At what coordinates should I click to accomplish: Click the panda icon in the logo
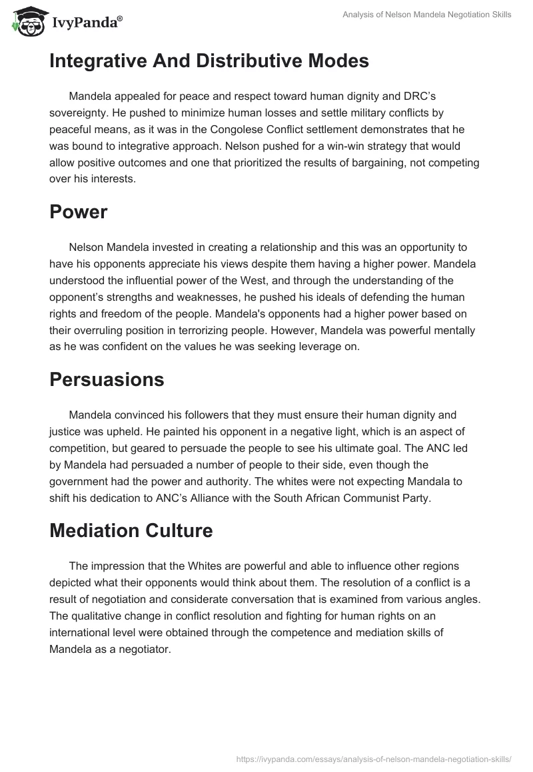pos(25,21)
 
